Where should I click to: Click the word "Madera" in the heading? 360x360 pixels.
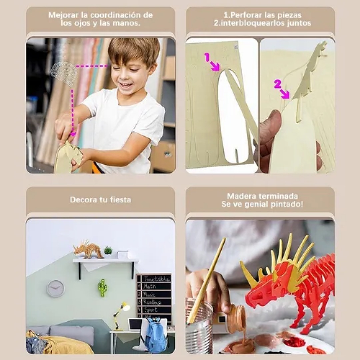242,196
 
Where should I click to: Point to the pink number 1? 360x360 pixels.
207,58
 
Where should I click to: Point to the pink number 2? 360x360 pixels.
277,84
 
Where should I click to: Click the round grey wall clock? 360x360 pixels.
55,288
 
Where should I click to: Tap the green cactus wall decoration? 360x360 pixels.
102,287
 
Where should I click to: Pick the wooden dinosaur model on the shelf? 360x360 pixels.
88,250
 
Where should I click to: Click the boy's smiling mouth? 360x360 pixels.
126,85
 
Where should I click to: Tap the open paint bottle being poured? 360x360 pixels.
236,318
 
